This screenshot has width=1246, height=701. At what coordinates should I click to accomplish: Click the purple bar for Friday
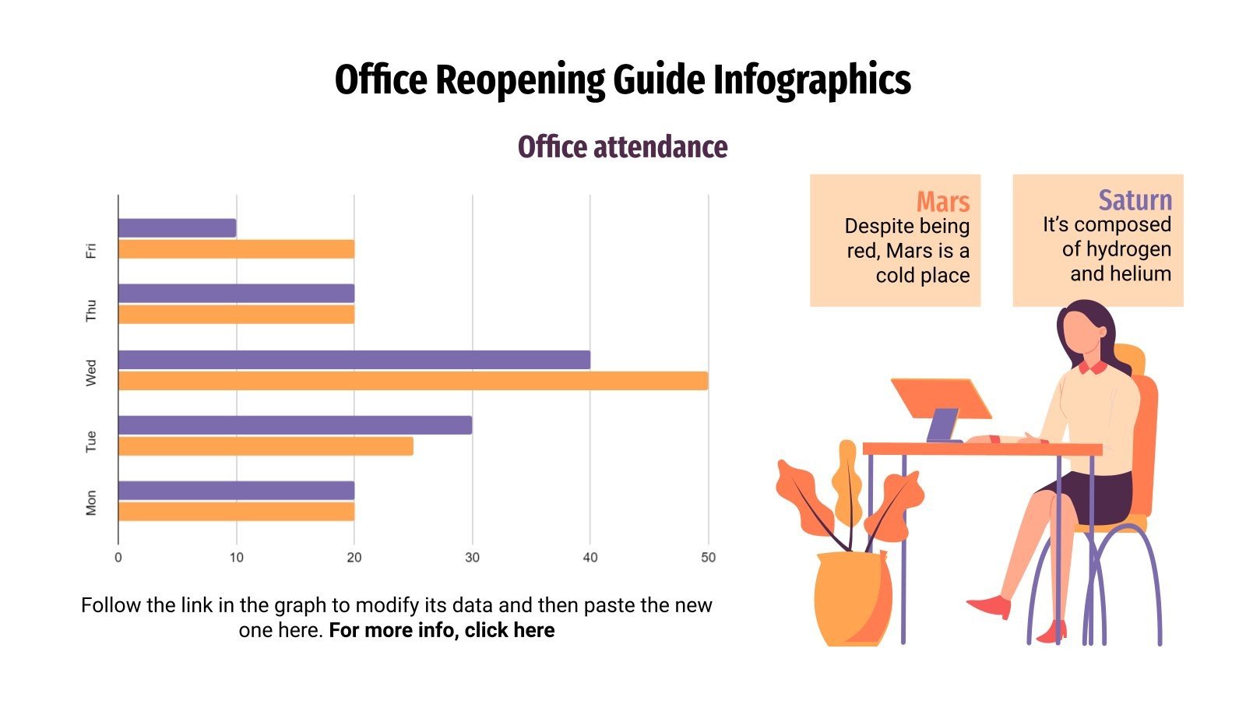point(177,228)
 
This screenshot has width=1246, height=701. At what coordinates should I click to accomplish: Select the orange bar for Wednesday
point(413,381)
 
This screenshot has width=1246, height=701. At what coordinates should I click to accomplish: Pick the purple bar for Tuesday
point(294,425)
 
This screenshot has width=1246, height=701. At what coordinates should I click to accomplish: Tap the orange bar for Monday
point(236,512)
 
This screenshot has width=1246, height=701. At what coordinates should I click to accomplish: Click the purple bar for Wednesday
point(354,360)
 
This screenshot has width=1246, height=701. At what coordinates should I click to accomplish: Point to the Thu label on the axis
point(91,310)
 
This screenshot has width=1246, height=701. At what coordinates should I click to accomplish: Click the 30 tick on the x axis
point(472,558)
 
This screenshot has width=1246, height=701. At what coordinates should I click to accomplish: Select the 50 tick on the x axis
point(708,558)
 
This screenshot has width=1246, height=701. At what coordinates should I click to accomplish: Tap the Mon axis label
point(91,502)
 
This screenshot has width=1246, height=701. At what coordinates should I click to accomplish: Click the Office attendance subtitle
point(622,147)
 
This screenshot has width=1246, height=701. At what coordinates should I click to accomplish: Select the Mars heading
point(942,202)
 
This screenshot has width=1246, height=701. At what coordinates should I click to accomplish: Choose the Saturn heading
point(1135,200)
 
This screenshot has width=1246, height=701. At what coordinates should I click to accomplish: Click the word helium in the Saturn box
point(1142,274)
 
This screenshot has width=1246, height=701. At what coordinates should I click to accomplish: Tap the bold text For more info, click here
point(442,630)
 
